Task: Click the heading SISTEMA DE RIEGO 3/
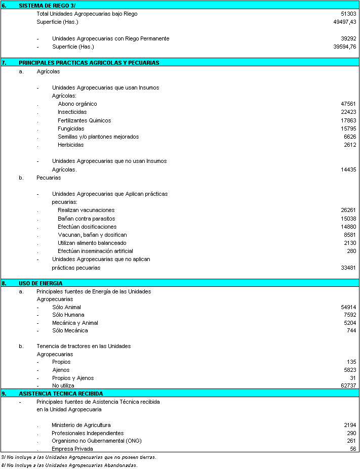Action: (47, 5)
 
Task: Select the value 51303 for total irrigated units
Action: (348, 14)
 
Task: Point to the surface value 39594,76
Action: (344, 47)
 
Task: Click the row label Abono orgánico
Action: (77, 104)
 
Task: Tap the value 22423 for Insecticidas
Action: (348, 112)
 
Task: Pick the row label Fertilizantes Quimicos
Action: (84, 120)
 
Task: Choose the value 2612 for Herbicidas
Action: (350, 145)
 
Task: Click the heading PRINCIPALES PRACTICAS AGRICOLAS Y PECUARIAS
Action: (89, 63)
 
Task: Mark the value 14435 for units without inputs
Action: (348, 170)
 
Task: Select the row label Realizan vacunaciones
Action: (86, 210)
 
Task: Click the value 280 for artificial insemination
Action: (351, 251)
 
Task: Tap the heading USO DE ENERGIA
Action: (41, 283)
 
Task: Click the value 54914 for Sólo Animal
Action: (348, 307)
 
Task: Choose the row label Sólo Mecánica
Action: (70, 330)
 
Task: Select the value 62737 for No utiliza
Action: (348, 386)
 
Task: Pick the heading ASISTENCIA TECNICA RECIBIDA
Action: (61, 393)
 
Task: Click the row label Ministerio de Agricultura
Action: (81, 425)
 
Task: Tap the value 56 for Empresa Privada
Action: (353, 449)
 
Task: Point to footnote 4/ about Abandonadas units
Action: (69, 465)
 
